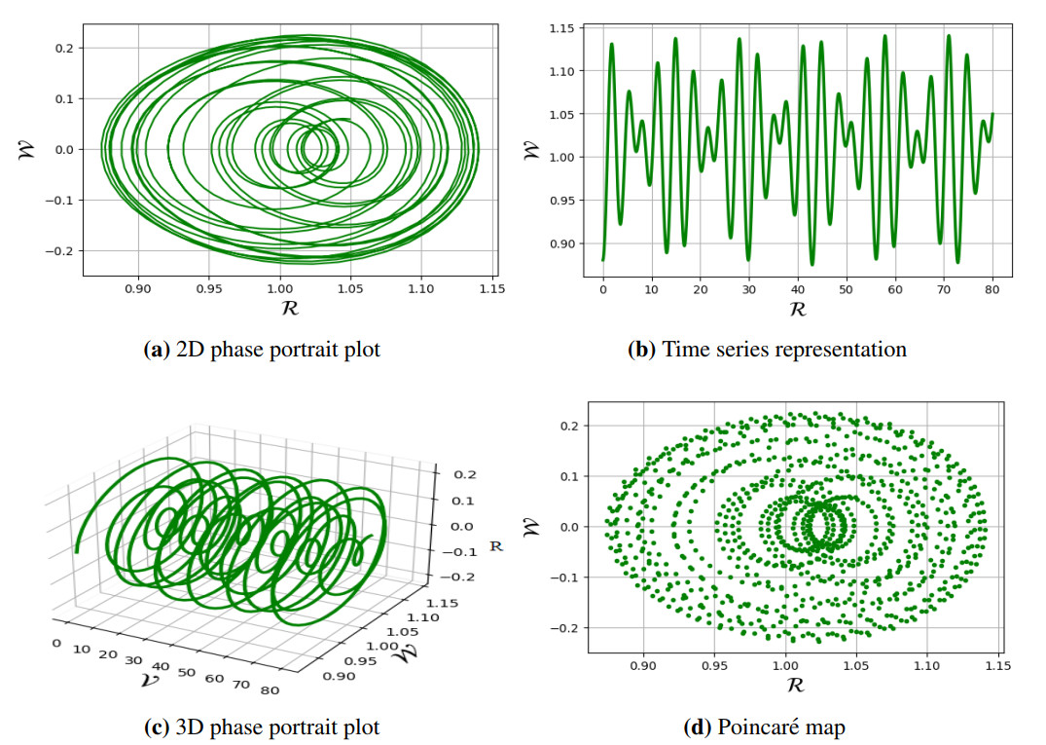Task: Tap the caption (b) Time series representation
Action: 767,349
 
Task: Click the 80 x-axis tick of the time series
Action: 992,289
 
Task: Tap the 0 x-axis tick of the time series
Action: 603,289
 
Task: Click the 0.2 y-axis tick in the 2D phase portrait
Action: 65,48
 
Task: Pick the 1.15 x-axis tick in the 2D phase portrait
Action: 491,289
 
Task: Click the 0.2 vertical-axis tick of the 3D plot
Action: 456,475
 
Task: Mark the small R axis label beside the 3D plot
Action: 495,547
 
